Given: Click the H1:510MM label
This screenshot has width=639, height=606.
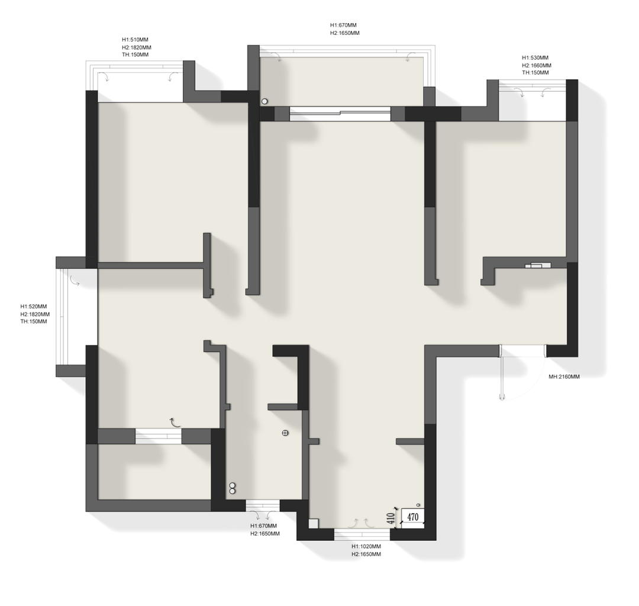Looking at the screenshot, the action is [x=135, y=40].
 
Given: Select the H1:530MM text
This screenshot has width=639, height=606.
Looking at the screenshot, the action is [x=535, y=58].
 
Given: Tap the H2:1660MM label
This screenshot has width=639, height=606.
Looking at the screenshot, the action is [x=537, y=65].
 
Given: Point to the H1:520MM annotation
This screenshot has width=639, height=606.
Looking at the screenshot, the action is [x=33, y=307].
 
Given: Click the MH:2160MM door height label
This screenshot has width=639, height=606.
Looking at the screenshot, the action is [x=564, y=377].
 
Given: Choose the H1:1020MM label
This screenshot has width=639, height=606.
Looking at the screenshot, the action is [x=366, y=546].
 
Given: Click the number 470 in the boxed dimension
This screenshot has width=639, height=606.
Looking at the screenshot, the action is [x=413, y=517].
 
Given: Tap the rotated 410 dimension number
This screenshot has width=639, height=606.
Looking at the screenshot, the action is [x=390, y=518].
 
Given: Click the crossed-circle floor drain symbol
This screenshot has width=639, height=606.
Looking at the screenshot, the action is [x=285, y=433].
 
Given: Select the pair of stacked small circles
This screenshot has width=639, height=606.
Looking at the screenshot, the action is [x=233, y=488].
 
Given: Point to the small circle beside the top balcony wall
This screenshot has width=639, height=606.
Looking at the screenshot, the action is [x=264, y=101].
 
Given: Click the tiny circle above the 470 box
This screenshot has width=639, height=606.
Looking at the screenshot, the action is [x=418, y=504].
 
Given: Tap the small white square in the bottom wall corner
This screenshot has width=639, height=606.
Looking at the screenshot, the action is [x=313, y=523].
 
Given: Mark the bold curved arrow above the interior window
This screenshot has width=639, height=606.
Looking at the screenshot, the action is [x=175, y=422].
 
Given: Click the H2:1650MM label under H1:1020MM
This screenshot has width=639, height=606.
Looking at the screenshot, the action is [x=366, y=555].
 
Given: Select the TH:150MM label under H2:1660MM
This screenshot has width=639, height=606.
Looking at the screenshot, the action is [x=535, y=73].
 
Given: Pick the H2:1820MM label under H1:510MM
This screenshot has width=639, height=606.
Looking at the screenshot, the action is [x=137, y=47].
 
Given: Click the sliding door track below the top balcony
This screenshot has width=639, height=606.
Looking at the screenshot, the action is [x=340, y=114].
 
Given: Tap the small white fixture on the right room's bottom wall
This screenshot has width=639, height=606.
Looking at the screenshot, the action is [x=538, y=266].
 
